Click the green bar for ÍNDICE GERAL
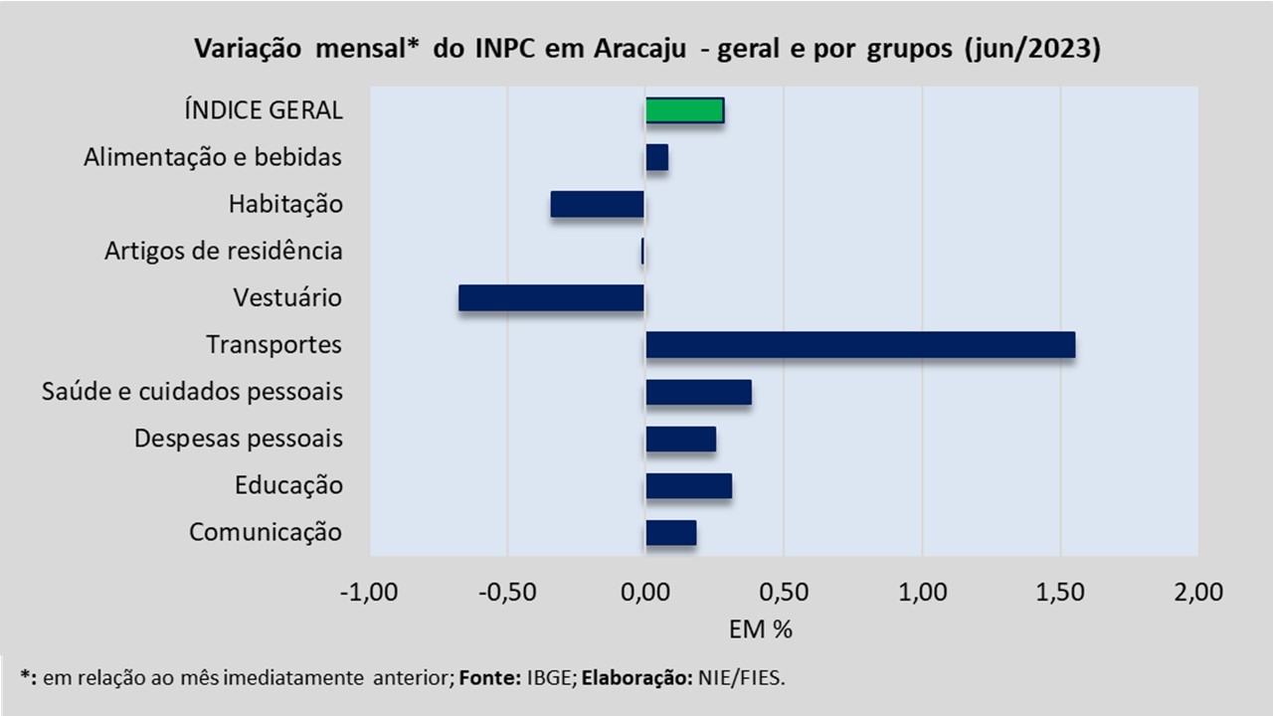pos(684,110)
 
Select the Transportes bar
pos(860,345)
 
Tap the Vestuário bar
pos(551,298)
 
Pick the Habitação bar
pos(597,204)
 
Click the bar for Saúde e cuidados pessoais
pos(698,392)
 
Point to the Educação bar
pos(688,485)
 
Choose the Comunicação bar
pos(670,533)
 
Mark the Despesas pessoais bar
pos(680,439)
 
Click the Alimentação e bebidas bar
pos(656,157)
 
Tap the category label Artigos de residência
pos(224,252)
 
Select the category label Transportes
pos(274,345)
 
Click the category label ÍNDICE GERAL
pos(264,110)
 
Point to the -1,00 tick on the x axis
pos(369,594)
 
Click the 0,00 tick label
pos(644,594)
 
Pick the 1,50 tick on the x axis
pos(1060,594)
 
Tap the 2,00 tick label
pos(1197,594)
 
